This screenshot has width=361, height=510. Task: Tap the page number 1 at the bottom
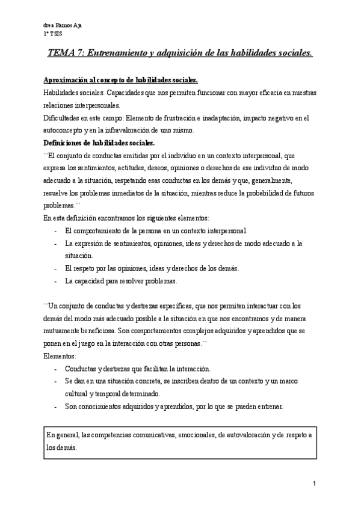315,484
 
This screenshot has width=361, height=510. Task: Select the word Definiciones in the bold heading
65,143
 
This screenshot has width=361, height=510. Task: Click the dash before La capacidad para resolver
56,281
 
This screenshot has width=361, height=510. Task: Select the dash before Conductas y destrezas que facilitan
56,369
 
